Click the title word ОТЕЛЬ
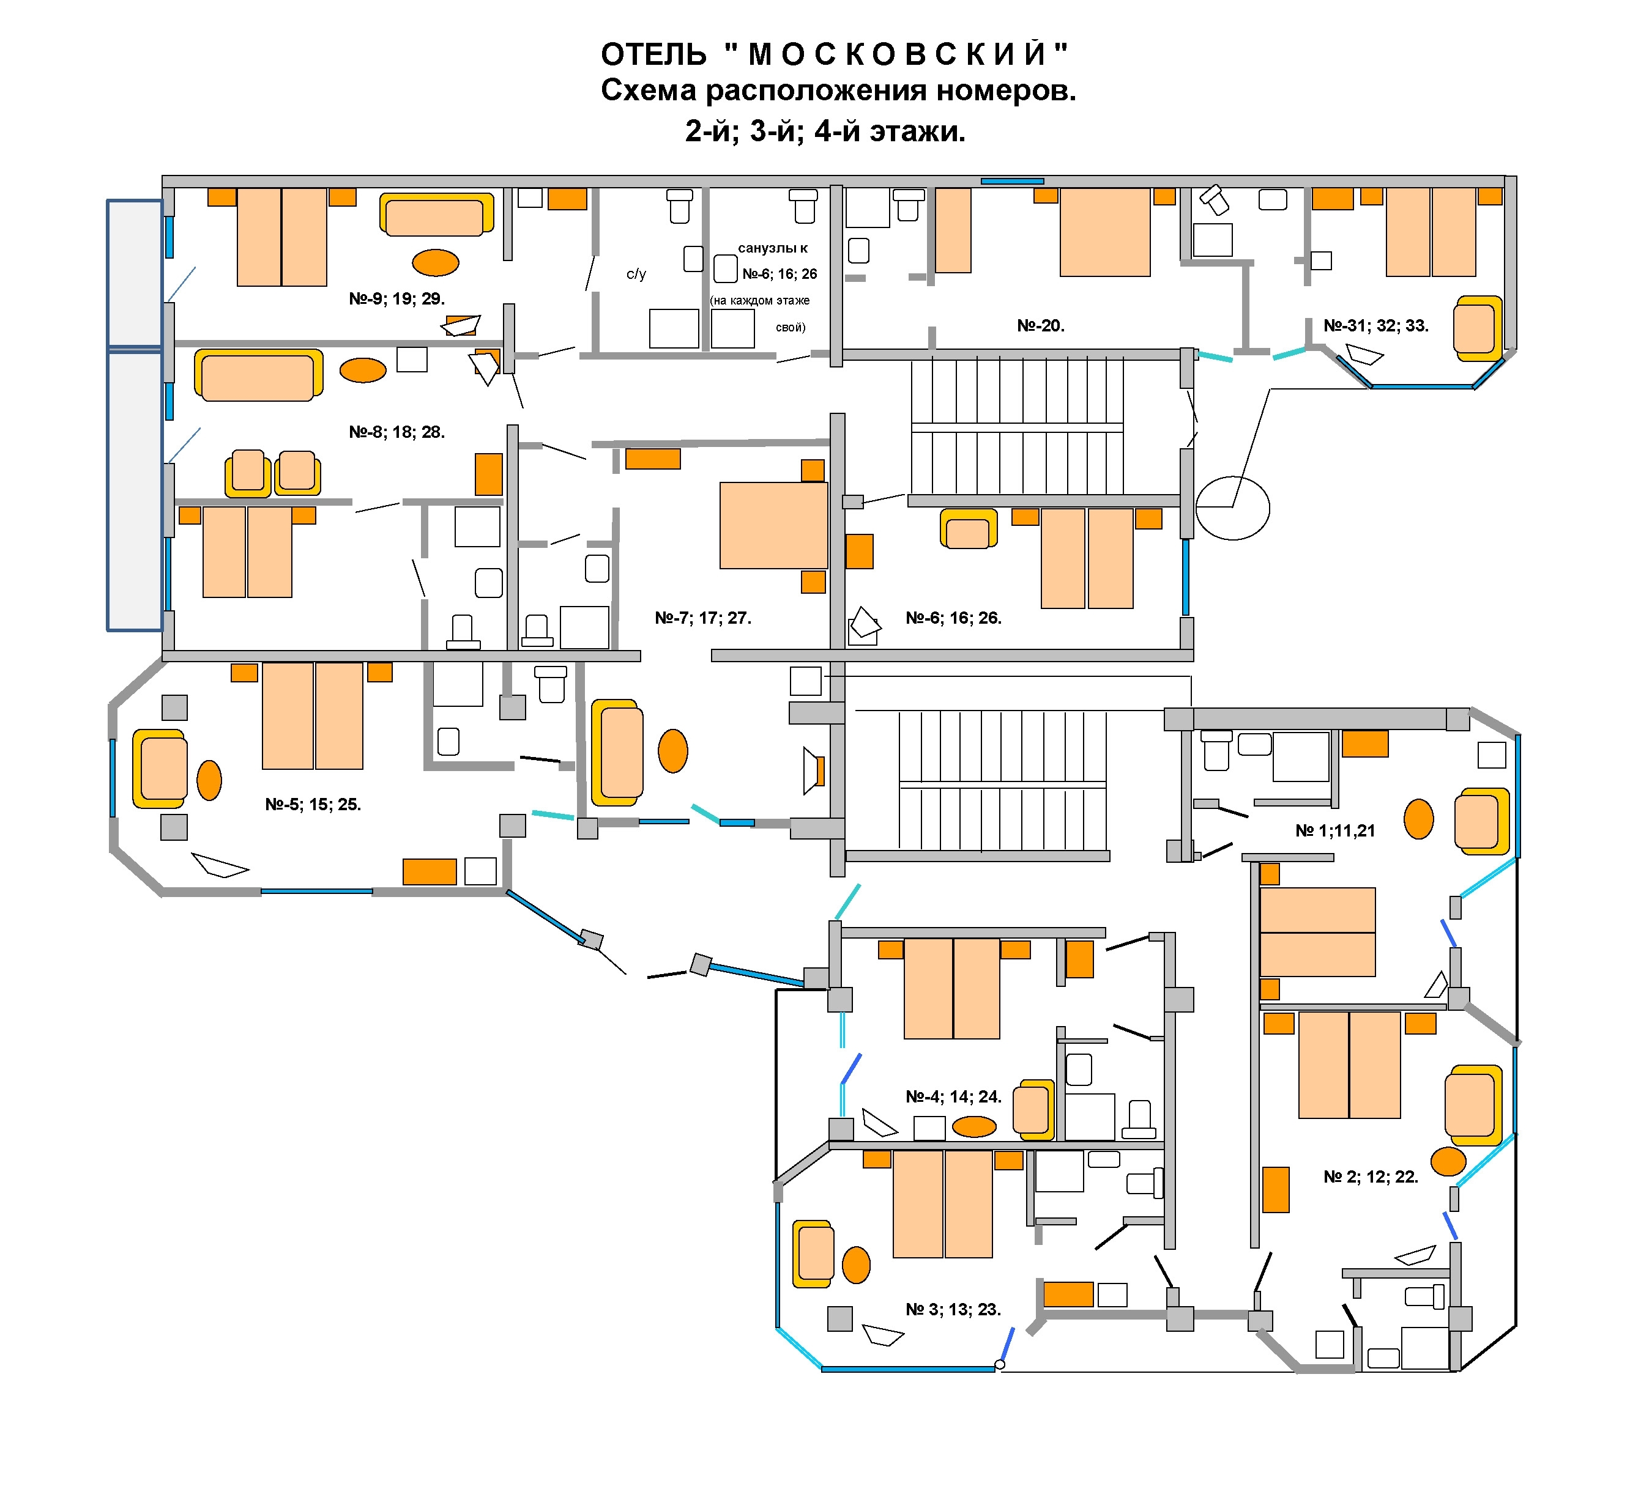click(653, 55)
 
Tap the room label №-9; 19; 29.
click(397, 299)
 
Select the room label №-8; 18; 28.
click(397, 432)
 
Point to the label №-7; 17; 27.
click(702, 618)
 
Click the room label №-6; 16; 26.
click(953, 618)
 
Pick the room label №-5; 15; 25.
click(313, 805)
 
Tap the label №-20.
click(1041, 326)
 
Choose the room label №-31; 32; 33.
click(1376, 326)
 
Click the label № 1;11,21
click(1335, 831)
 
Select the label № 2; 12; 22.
click(1371, 1177)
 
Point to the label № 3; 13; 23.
click(953, 1309)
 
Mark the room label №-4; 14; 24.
click(953, 1097)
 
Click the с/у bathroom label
click(636, 274)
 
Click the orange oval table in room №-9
click(436, 263)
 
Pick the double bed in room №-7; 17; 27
click(774, 525)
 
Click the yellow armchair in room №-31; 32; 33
click(1477, 328)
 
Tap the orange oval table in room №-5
click(209, 780)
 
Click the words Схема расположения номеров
click(838, 90)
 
